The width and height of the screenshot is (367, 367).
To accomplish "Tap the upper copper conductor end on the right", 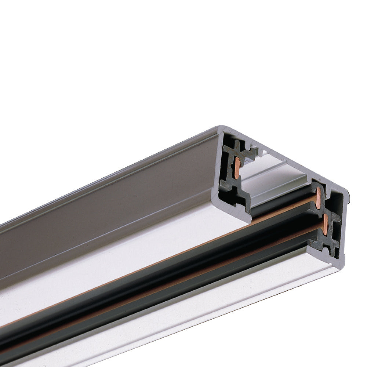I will tap(318, 199).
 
